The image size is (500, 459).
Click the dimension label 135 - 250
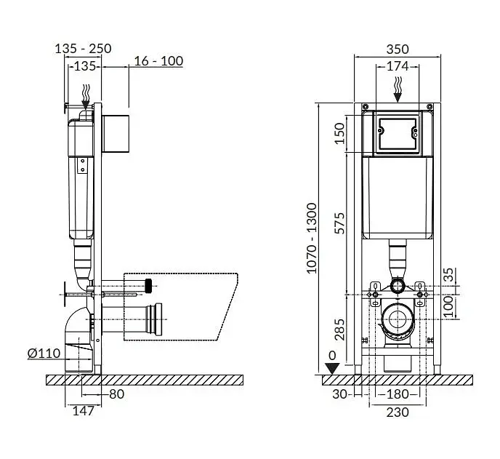[x=84, y=49]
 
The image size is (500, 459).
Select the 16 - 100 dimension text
[x=158, y=61]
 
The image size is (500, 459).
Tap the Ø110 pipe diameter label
[x=44, y=354]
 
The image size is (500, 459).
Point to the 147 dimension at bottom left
[x=84, y=411]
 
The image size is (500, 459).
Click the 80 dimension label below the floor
[x=117, y=394]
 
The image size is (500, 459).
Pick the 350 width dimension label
[x=398, y=49]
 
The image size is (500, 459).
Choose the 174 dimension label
[x=398, y=66]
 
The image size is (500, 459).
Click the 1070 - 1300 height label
[x=312, y=238]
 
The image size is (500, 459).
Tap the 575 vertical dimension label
[x=341, y=223]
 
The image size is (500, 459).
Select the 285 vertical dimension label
[x=341, y=330]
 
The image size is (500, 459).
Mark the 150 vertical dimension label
[x=341, y=133]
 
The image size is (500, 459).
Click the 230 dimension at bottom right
[x=398, y=412]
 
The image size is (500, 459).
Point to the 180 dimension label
[x=398, y=394]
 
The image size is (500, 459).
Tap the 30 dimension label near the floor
[x=339, y=394]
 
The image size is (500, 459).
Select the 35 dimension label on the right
[x=449, y=274]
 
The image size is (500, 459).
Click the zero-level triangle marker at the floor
[x=332, y=369]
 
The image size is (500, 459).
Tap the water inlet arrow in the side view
[x=86, y=97]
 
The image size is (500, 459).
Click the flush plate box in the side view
[x=116, y=134]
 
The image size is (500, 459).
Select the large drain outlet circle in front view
[x=398, y=319]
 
